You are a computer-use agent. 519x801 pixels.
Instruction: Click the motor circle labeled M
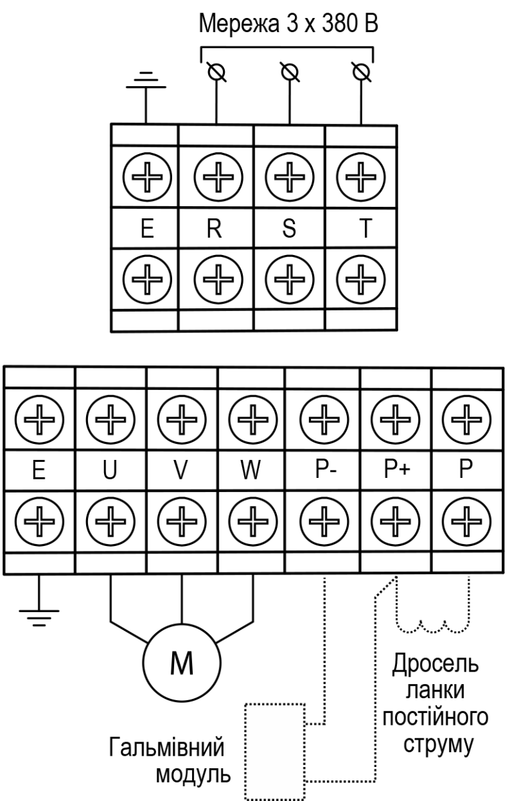tap(181, 662)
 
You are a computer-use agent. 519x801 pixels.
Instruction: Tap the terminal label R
tap(214, 228)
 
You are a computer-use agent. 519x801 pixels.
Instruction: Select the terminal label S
tap(289, 228)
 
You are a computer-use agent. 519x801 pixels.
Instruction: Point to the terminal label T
tap(366, 228)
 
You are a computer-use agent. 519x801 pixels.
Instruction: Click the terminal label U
tap(110, 469)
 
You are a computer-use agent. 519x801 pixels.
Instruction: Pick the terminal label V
tap(181, 469)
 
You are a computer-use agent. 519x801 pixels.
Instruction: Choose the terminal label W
tap(251, 469)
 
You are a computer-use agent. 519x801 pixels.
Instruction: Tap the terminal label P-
tap(326, 469)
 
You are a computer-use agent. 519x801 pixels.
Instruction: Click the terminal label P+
tap(397, 469)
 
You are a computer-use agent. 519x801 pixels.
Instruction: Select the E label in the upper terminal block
tap(147, 228)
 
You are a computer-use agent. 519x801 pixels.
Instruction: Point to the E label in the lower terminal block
tap(39, 469)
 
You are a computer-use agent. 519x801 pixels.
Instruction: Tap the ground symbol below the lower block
tap(39, 618)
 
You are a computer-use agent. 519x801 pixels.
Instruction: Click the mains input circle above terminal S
tap(290, 72)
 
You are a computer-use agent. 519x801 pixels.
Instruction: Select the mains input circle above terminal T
tap(361, 72)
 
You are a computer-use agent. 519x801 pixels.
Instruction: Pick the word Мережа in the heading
tap(239, 24)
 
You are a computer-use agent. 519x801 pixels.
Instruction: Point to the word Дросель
tap(436, 664)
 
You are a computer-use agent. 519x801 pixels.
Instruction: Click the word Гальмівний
tap(167, 748)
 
